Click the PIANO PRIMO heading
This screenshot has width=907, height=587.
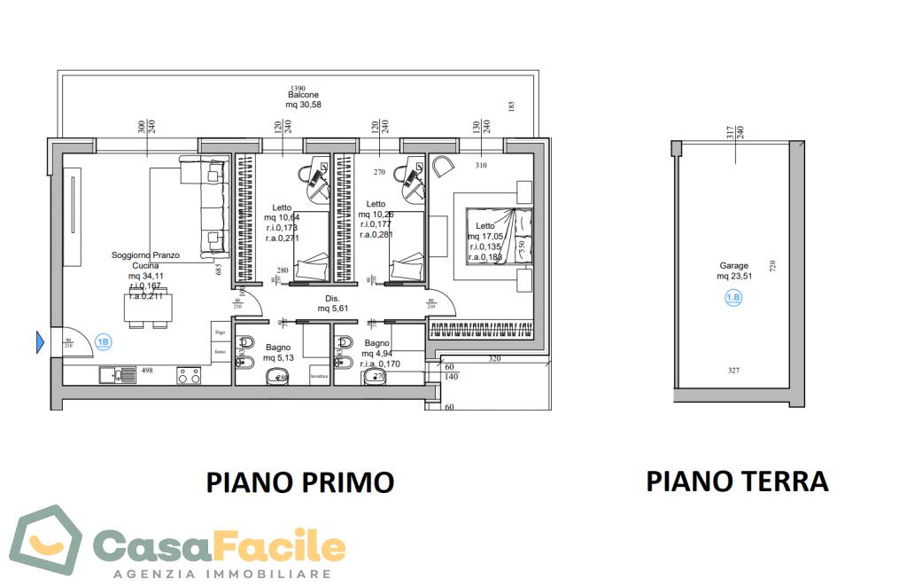pyautogui.click(x=300, y=482)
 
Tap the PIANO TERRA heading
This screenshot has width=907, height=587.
pyautogui.click(x=737, y=481)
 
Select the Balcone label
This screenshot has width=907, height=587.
pyautogui.click(x=303, y=95)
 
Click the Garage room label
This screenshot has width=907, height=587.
pyautogui.click(x=733, y=265)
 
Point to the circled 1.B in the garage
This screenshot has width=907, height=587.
pyautogui.click(x=733, y=298)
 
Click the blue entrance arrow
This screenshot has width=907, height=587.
pyautogui.click(x=40, y=341)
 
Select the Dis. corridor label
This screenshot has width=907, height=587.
pyautogui.click(x=333, y=298)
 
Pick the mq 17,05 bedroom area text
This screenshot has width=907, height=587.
pyautogui.click(x=486, y=236)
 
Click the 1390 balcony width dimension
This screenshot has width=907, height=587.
pyautogui.click(x=298, y=88)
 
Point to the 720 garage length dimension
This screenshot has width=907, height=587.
pyautogui.click(x=772, y=266)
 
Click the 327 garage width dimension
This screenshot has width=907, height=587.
pyautogui.click(x=733, y=371)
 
